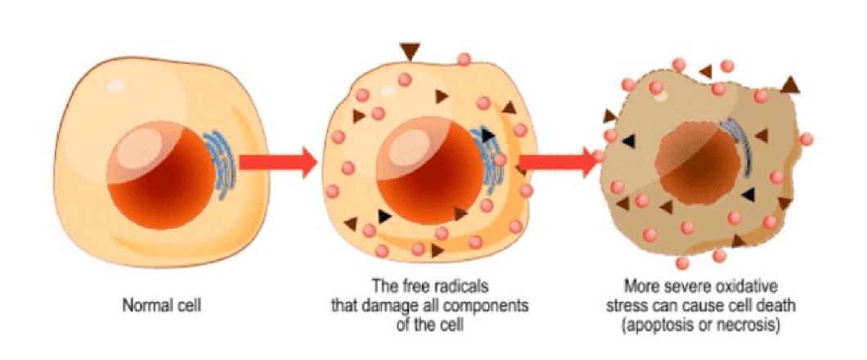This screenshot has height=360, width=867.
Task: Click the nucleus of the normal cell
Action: [x=159, y=175]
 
